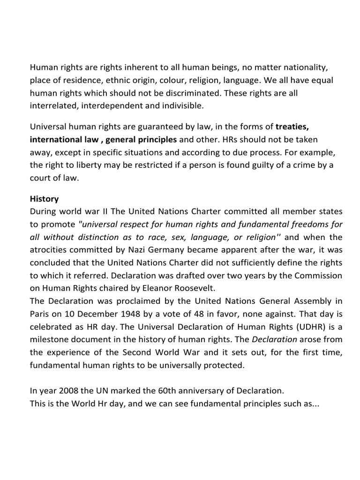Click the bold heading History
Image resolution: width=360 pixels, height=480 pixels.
45,199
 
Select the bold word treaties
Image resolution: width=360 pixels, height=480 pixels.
292,127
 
